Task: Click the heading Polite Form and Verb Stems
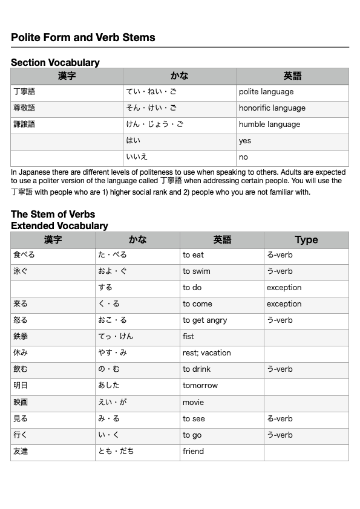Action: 83,37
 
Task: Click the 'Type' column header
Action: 306,240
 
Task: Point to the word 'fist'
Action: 188,337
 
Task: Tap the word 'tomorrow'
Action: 200,386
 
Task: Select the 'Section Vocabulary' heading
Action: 55,62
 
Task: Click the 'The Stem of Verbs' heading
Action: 53,214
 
